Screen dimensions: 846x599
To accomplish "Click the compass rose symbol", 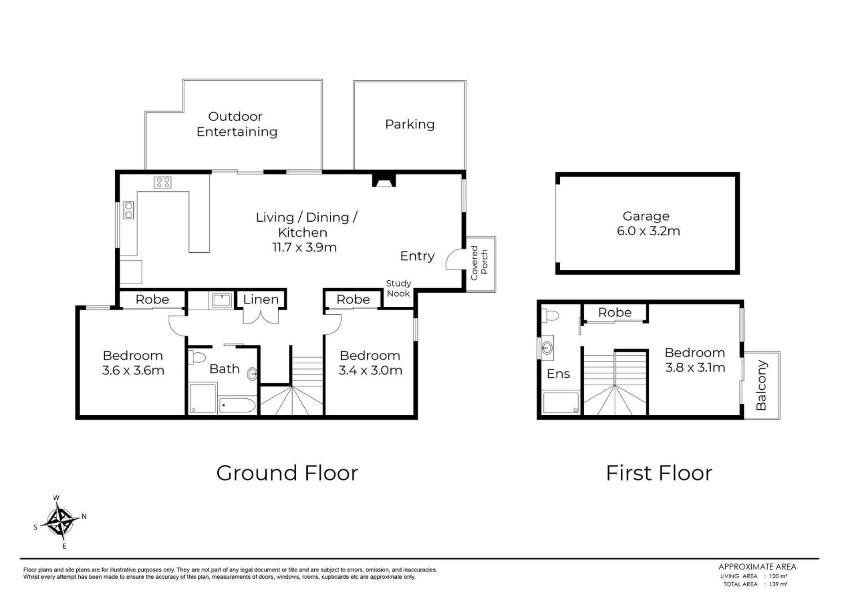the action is click(x=60, y=522).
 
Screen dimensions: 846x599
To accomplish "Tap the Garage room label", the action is click(x=646, y=216).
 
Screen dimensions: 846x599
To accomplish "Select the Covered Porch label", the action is click(x=479, y=263).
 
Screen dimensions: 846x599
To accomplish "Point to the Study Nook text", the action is click(x=399, y=288).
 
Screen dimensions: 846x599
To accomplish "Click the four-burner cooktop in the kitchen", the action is click(x=162, y=182).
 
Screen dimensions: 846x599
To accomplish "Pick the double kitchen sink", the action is click(x=128, y=210).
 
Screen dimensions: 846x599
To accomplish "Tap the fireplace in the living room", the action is click(x=384, y=180).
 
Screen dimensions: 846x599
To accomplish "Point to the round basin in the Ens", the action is click(x=547, y=348).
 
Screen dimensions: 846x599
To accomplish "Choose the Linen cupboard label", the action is click(x=261, y=299).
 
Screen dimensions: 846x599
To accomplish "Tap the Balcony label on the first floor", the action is click(x=761, y=385).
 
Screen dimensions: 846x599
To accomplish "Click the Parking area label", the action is click(x=410, y=124).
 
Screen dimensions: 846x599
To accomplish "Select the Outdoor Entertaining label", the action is click(x=237, y=124).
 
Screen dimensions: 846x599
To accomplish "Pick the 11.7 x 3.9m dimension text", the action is click(x=304, y=247).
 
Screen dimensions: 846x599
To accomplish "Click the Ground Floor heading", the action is click(x=287, y=473).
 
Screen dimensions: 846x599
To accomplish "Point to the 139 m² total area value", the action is click(x=778, y=584).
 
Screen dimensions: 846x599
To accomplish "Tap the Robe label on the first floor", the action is click(x=615, y=313).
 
